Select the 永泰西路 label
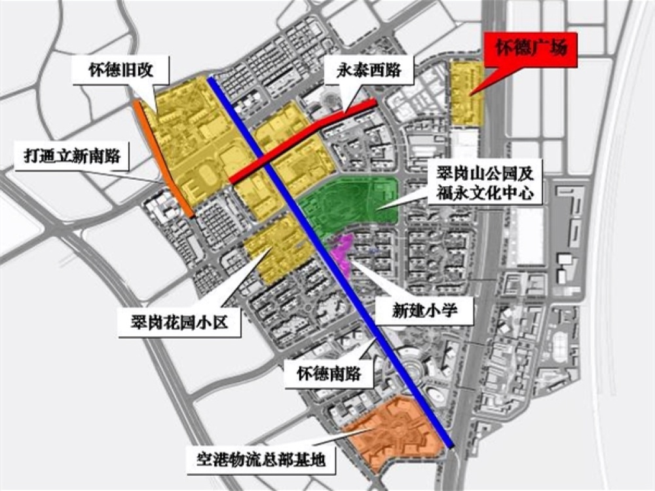[x=369, y=68]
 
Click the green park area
[x=347, y=203]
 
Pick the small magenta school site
[x=341, y=249]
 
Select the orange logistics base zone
[x=393, y=429]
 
